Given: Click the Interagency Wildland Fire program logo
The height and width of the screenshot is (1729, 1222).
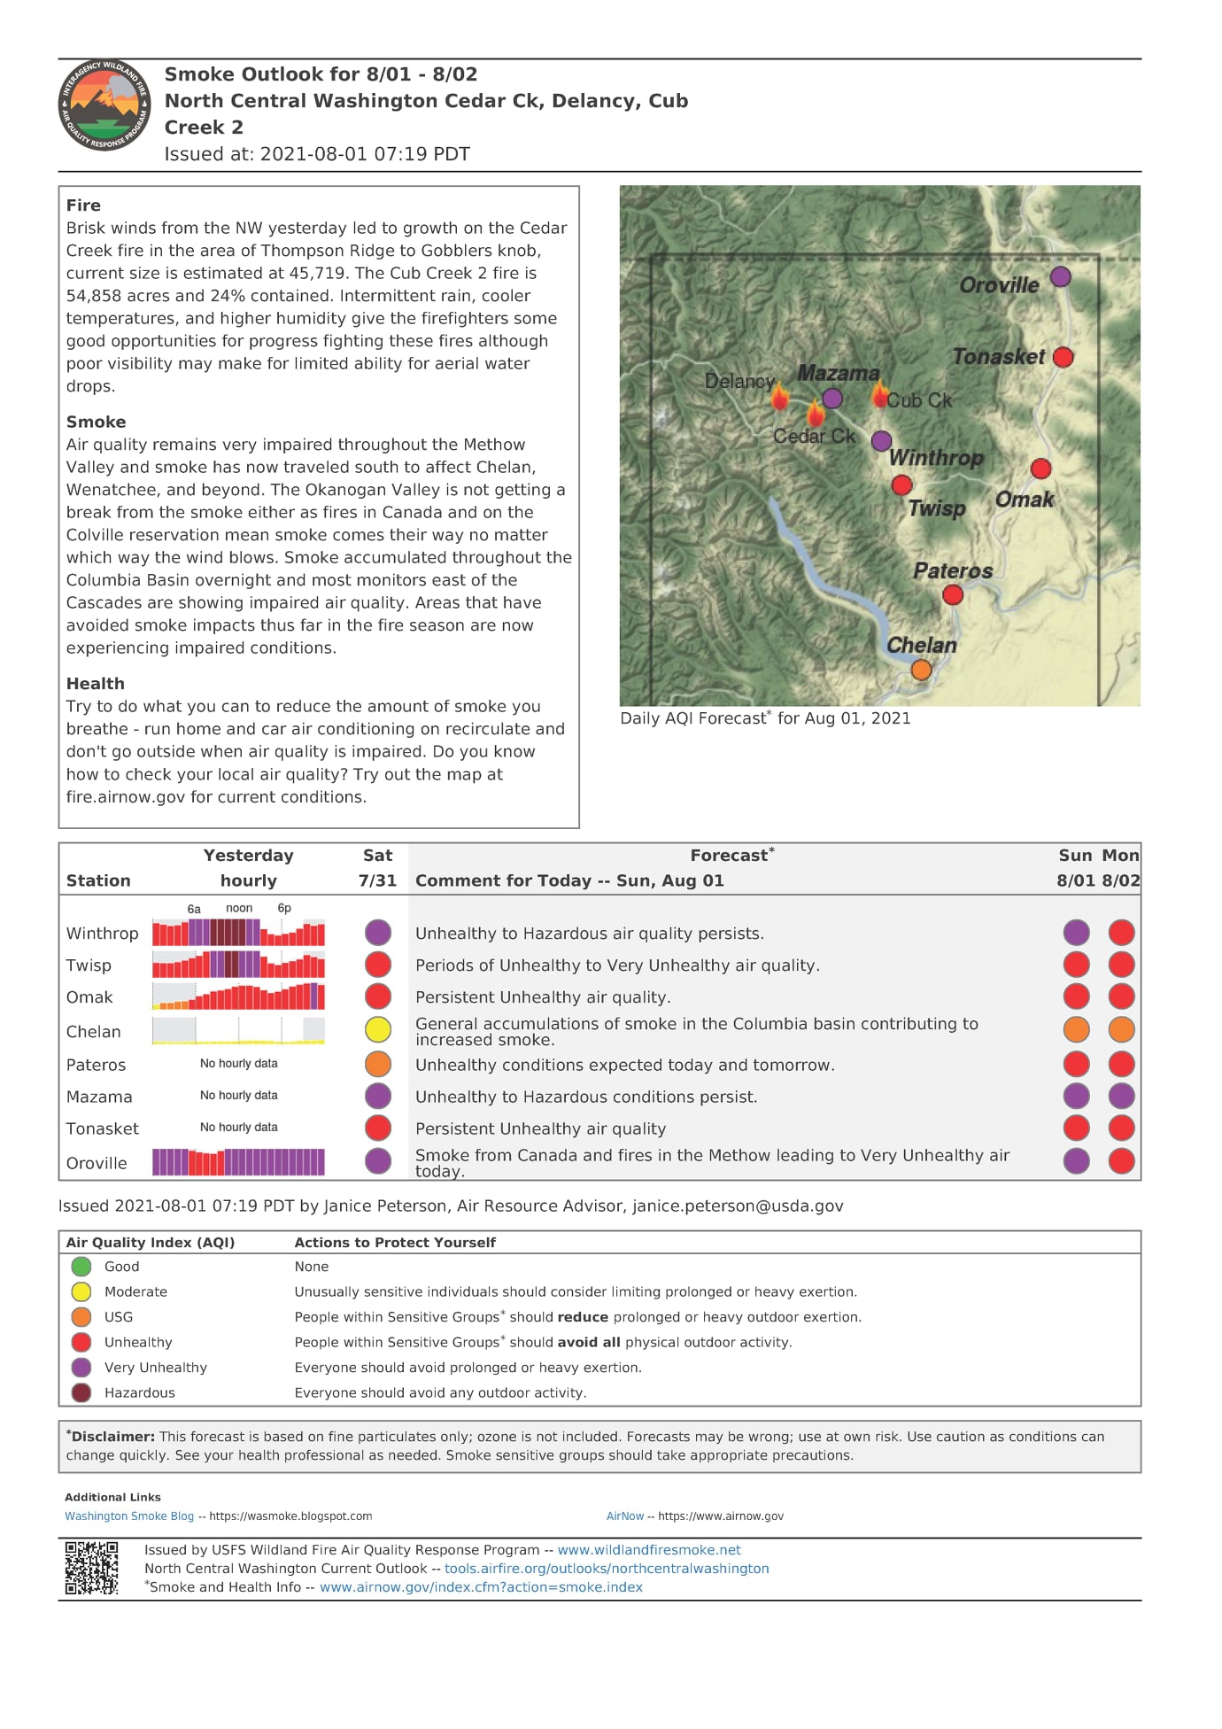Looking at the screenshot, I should pos(104,105).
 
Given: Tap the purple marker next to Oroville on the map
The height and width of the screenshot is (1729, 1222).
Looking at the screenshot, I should pos(1060,277).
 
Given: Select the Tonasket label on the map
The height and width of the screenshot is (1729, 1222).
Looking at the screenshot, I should pos(998,357).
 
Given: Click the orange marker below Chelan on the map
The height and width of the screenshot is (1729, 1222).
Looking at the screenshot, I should pos(921,670).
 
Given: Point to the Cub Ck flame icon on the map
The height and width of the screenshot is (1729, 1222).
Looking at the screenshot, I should pos(879,394).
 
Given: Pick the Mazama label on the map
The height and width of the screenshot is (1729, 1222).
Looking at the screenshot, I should pos(838,373).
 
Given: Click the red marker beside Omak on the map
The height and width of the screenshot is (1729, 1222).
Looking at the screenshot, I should pos(1040,469).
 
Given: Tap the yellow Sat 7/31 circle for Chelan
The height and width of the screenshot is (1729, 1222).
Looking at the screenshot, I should pos(378,1029).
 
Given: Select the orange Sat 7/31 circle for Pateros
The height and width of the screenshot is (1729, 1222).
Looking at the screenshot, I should pos(378,1064).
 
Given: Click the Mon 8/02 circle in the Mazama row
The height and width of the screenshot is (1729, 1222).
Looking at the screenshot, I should pos(1121,1097).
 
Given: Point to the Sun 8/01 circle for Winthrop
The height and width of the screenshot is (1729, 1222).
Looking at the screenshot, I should pos(1076,933).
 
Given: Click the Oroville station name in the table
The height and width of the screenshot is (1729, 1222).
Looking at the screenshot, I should pos(97,1163).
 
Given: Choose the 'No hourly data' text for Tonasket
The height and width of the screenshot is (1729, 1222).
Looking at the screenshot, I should pos(238,1128).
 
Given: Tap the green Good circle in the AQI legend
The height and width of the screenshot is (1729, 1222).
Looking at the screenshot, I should pos(81,1267).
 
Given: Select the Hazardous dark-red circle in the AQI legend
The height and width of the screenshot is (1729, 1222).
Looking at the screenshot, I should pos(81,1392).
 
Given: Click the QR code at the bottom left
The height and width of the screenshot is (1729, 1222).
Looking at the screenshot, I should pos(91,1568).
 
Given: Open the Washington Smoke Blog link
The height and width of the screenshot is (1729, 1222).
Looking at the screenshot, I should pos(129,1516).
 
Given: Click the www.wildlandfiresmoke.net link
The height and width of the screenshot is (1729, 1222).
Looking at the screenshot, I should pos(649,1550).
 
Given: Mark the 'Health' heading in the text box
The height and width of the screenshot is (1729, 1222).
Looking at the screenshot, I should pos(95,684).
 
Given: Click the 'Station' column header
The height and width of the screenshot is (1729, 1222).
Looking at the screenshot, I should pos(98,880).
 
